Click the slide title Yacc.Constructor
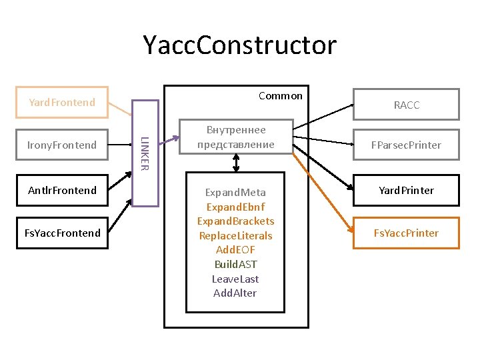[x=240, y=45]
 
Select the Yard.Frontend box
[x=62, y=102]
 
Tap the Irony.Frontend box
[x=62, y=145]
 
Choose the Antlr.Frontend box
[x=62, y=190]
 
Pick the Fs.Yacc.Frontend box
[x=62, y=233]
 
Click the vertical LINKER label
[x=145, y=153]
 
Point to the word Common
[x=281, y=96]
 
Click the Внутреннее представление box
[x=236, y=137]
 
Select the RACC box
[x=406, y=105]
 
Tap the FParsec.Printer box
[x=406, y=145]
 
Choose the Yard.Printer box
[x=406, y=190]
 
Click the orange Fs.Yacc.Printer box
[x=406, y=233]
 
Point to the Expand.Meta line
[x=236, y=193]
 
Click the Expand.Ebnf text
[x=236, y=207]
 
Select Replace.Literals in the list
[x=236, y=235]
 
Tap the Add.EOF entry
[x=236, y=250]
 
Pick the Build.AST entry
[x=236, y=265]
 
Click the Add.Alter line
[x=236, y=293]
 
